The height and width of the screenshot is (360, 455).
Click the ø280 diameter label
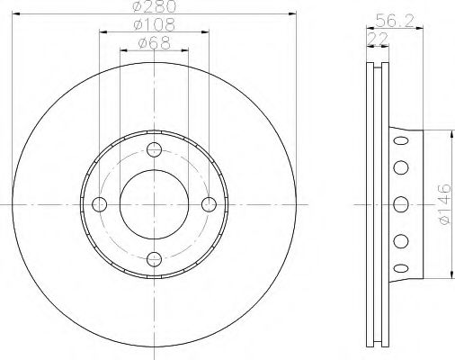point(155,6)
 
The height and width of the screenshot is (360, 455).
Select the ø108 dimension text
point(154,24)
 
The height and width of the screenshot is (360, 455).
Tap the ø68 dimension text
point(155,43)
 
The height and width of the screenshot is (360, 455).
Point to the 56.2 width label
point(395,21)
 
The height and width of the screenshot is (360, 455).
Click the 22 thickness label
point(378,39)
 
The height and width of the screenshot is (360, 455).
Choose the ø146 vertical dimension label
point(444,204)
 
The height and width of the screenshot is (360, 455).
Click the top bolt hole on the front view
point(154,149)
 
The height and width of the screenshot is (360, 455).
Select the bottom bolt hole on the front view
point(154,259)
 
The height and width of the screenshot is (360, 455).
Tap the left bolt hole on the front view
point(100,204)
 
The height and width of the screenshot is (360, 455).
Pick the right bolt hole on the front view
point(209,204)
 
